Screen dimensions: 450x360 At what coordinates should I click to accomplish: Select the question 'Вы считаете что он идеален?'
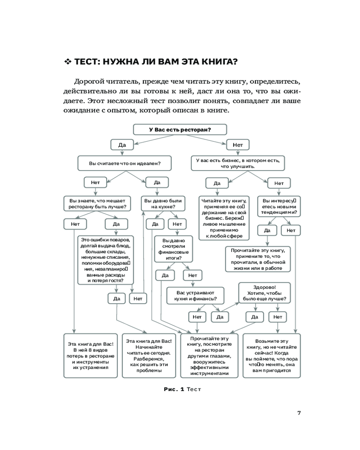coord(126,163)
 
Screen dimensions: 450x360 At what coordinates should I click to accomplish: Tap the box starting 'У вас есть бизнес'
coord(238,162)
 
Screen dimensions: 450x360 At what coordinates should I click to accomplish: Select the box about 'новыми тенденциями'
coord(279,206)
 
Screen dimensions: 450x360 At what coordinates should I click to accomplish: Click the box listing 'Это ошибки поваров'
coord(106,260)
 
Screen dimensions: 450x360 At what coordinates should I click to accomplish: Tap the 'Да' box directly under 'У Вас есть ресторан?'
coord(121,145)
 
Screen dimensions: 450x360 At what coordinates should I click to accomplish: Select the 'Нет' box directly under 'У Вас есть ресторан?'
coord(238,145)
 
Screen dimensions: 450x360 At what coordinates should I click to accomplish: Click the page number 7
coord(299,414)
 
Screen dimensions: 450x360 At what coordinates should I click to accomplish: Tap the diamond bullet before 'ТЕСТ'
coord(68,61)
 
